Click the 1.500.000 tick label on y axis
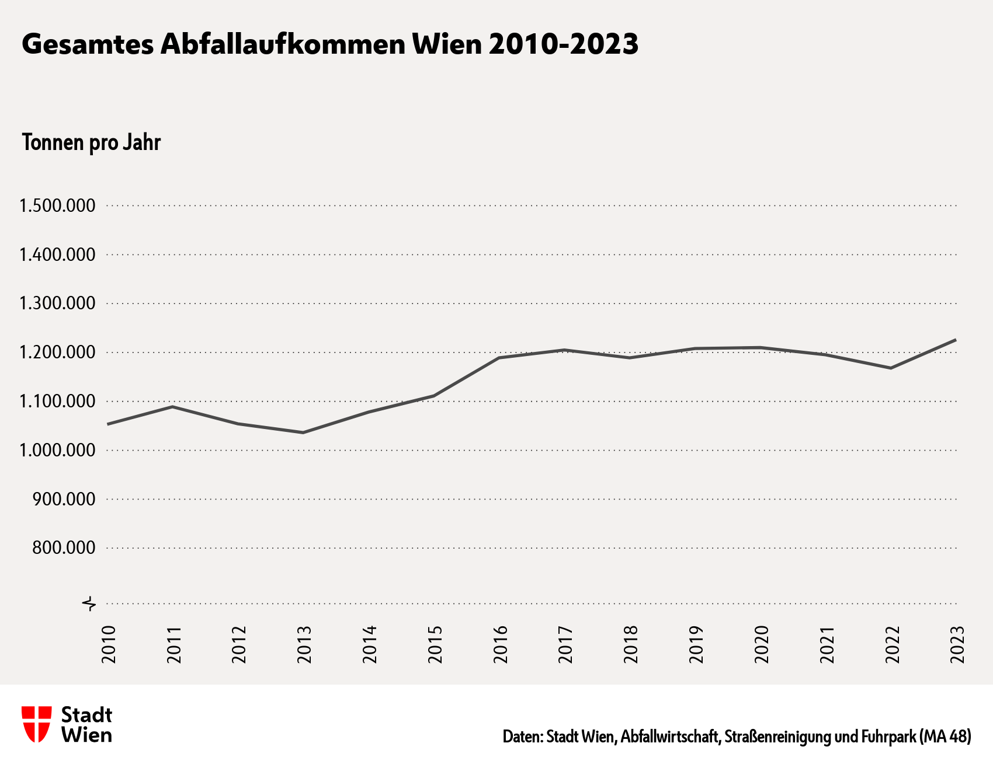click(57, 206)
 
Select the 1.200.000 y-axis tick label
click(57, 353)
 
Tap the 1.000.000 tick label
click(57, 451)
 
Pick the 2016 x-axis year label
click(501, 644)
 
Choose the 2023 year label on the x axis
click(957, 644)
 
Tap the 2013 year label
click(305, 644)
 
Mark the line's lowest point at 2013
click(303, 432)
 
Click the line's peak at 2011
click(172, 407)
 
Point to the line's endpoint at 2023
click(955, 340)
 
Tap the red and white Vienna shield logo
click(36, 724)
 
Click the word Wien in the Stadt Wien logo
click(86, 735)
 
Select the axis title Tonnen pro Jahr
click(91, 143)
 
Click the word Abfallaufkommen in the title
click(283, 45)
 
